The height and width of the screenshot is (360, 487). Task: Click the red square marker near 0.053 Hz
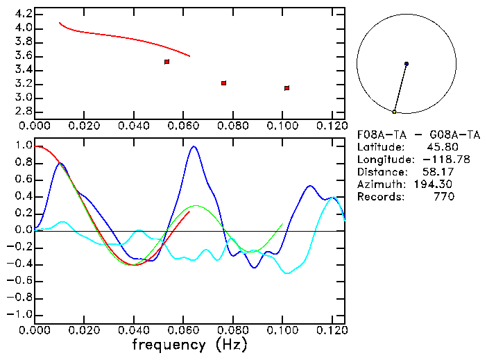(x=167, y=62)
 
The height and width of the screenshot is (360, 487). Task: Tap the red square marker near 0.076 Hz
(x=224, y=83)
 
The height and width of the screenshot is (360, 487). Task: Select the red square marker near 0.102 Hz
(x=287, y=88)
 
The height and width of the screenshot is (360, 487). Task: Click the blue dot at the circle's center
(x=407, y=64)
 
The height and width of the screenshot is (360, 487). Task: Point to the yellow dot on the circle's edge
(x=394, y=112)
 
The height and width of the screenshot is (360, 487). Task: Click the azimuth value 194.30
(x=435, y=185)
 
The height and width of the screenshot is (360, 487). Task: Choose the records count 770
(x=444, y=197)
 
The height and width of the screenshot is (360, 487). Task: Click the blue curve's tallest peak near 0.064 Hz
(x=194, y=146)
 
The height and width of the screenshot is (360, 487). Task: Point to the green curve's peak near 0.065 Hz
(x=196, y=205)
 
